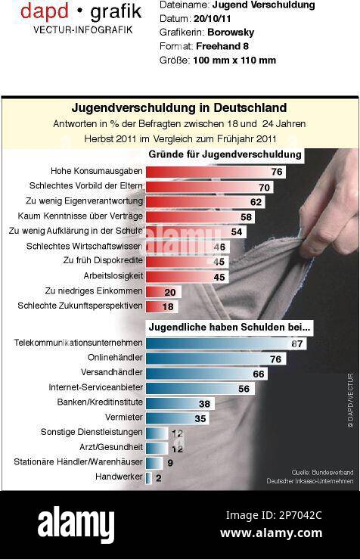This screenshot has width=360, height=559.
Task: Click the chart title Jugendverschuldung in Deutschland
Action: [178, 107]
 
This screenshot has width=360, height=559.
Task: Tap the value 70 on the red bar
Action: [264, 187]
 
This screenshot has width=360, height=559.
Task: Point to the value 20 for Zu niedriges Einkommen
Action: [170, 292]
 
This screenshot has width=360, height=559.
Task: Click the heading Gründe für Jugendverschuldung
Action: [224, 155]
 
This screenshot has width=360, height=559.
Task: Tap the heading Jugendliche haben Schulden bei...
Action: [230, 328]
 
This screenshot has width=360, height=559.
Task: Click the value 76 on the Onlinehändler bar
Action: [276, 359]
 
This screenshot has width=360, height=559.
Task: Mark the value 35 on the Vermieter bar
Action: [200, 418]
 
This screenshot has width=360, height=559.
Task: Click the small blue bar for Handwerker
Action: [148, 477]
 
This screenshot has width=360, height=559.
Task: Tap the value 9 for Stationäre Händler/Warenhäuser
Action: [170, 462]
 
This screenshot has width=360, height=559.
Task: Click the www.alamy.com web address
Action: [271, 533]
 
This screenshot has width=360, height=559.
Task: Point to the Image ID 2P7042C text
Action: [273, 515]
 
